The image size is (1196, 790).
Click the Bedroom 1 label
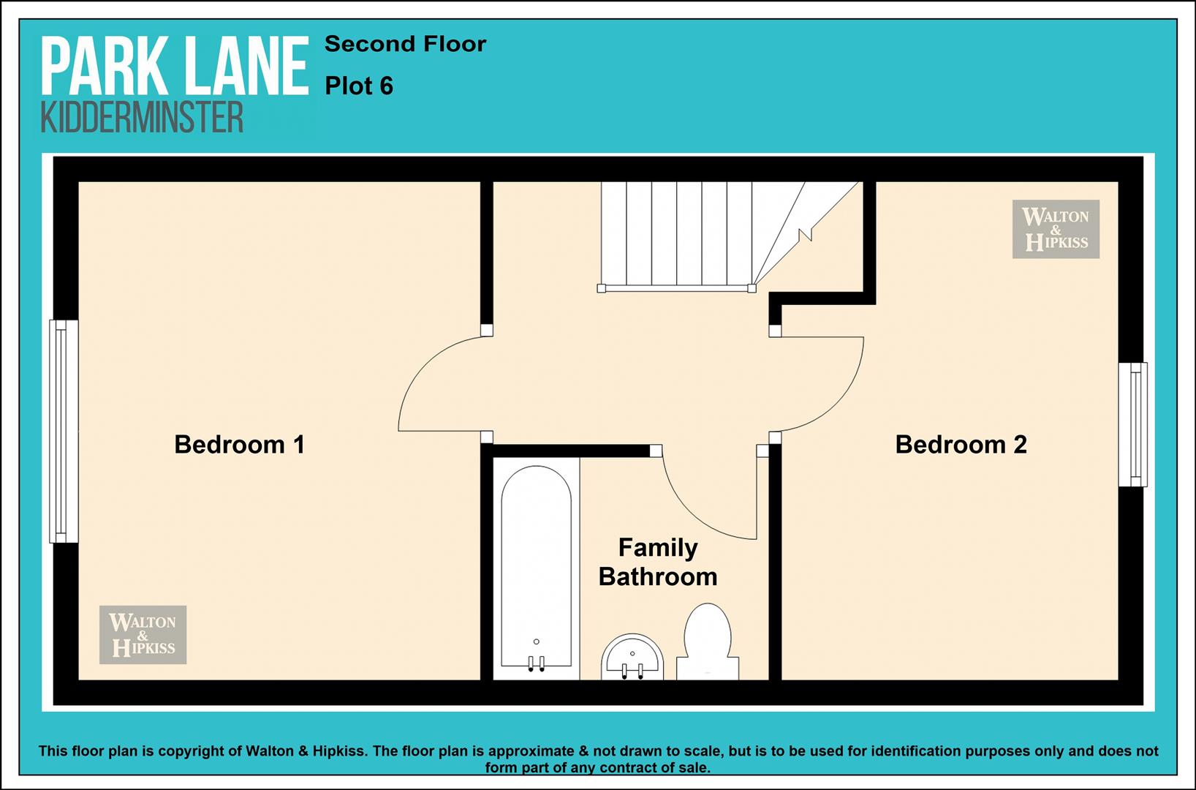tap(239, 445)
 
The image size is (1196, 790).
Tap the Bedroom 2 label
tap(961, 445)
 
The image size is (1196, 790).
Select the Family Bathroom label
tap(658, 563)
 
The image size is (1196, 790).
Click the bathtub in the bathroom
tap(536, 569)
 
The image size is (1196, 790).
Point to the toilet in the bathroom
tap(708, 642)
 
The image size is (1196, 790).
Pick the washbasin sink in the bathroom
tap(632, 658)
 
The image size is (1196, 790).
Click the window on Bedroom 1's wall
tap(64, 432)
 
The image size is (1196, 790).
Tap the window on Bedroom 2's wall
tap(1133, 425)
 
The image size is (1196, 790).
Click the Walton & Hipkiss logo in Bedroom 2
tap(1056, 229)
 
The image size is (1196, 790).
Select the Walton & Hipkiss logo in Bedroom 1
tap(143, 635)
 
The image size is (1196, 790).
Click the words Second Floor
tap(405, 44)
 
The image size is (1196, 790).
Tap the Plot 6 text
tap(359, 86)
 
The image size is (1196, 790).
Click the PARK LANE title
tap(175, 67)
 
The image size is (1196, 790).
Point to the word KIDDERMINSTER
tap(142, 118)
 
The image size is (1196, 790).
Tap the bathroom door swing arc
tap(694, 513)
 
